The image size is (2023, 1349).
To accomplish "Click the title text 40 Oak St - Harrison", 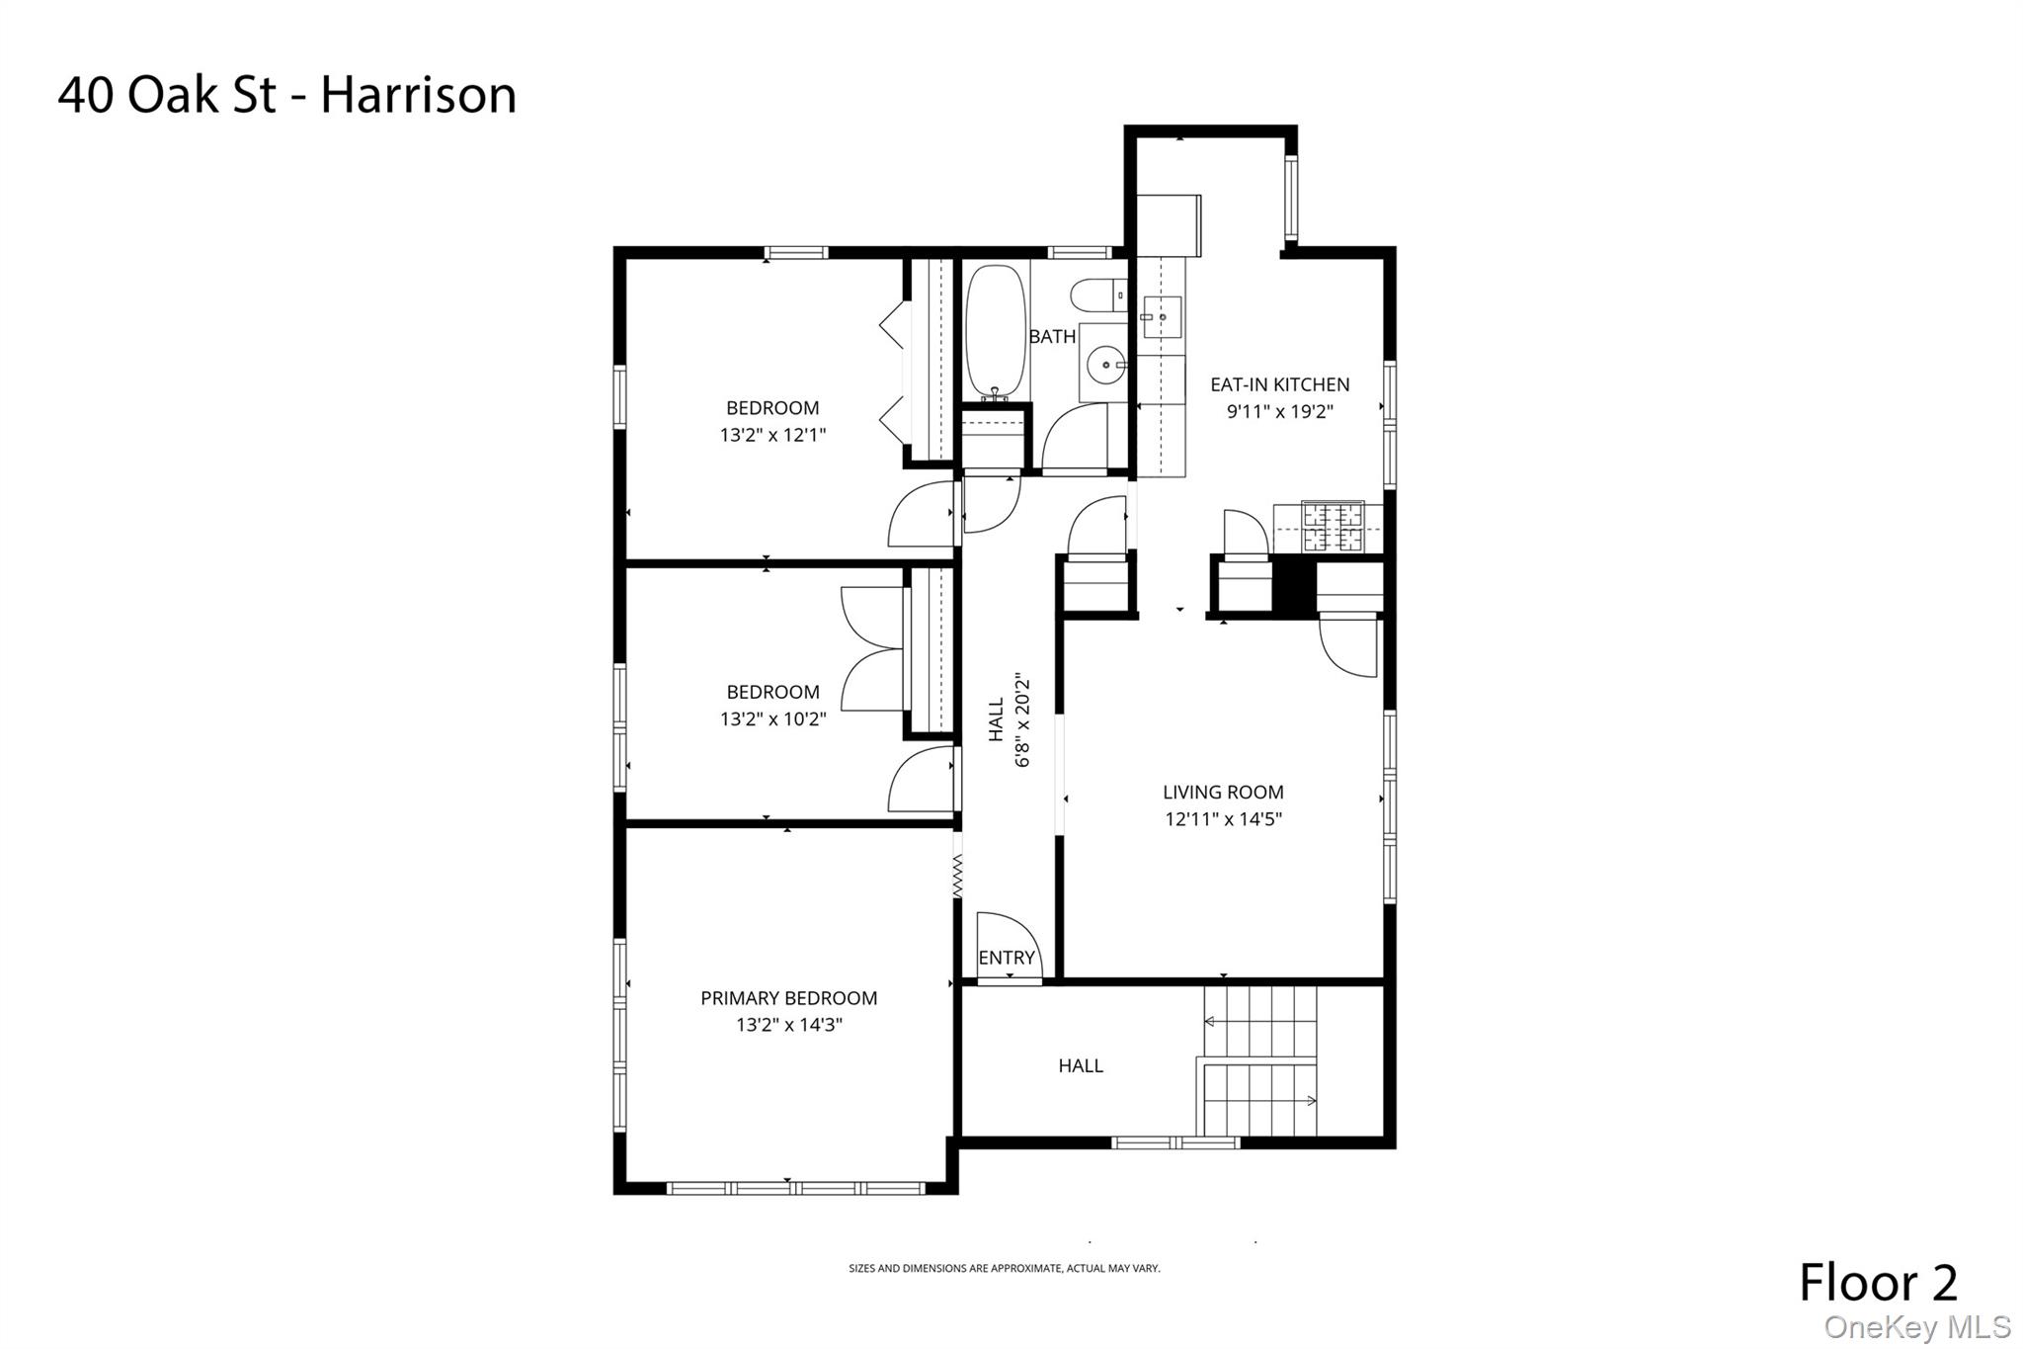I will [x=286, y=96].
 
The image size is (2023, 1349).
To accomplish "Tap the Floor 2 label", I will [x=1877, y=1283].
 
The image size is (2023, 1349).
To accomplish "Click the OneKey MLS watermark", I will [x=1916, y=1327].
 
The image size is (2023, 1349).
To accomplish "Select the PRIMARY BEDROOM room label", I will [x=788, y=998].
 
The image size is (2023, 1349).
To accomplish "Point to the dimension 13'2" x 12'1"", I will [x=772, y=434].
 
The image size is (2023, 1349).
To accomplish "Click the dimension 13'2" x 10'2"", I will [x=772, y=718].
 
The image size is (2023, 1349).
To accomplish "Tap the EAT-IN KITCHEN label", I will [x=1279, y=384].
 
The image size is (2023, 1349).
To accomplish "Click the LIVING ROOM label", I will [x=1223, y=792].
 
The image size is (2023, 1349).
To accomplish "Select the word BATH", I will [x=1052, y=336].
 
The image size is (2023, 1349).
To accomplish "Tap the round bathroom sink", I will [x=1102, y=365].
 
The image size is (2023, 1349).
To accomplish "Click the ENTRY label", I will [x=1006, y=958].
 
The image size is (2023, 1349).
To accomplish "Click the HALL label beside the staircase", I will [x=1080, y=1065].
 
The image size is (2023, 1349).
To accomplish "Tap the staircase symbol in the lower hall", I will [x=1259, y=1062].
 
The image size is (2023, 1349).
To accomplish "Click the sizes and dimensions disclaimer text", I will [x=1004, y=1268].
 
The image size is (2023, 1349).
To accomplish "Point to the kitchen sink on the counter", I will [x=1162, y=317].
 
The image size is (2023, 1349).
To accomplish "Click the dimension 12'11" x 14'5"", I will [x=1223, y=818].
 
